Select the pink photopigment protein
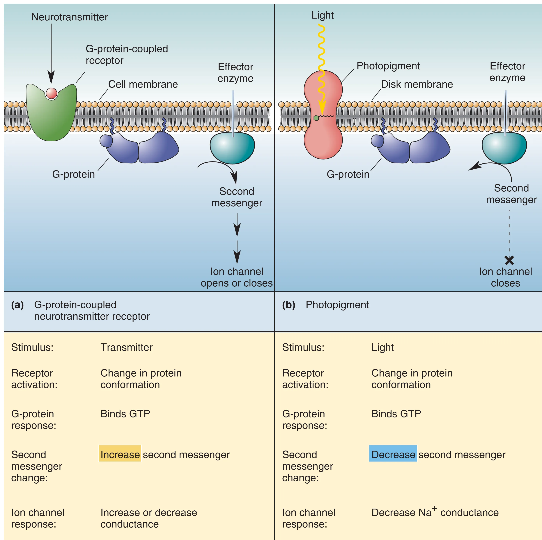pos(323,140)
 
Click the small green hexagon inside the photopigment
pos(316,118)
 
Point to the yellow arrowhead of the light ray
pos(322,108)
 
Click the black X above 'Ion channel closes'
pos(509,260)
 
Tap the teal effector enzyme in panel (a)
pos(232,148)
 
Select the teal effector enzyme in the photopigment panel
pos(504,148)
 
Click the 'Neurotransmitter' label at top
pos(70,17)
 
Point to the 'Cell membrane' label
pos(143,84)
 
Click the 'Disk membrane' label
pos(417,84)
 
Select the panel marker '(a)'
pos(17,305)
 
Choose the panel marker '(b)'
pos(288,305)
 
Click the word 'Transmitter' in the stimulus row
pos(127,347)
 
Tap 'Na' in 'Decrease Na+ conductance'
pos(425,513)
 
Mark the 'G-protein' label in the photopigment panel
pos(348,174)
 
